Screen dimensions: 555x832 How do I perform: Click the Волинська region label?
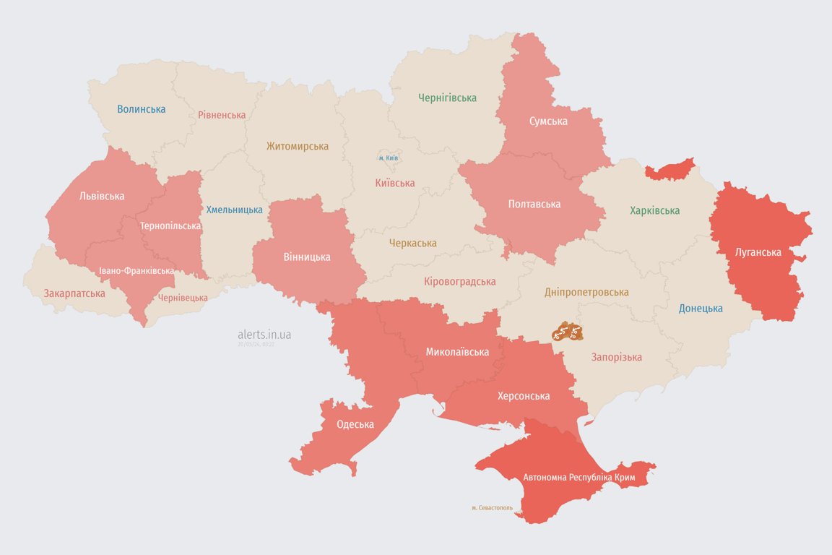[141, 109]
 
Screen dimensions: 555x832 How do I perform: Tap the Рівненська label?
[222, 115]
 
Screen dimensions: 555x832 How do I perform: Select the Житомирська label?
[297, 147]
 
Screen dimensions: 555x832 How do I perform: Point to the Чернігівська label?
[447, 98]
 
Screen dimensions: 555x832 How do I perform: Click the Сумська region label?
[547, 121]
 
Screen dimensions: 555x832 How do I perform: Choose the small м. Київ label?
[388, 158]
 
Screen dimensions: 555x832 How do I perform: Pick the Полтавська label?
[534, 204]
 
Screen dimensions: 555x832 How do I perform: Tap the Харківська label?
[654, 210]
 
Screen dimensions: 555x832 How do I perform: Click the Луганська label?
[758, 252]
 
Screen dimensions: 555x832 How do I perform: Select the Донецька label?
[701, 309]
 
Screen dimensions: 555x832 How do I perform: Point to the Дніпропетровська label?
[586, 292]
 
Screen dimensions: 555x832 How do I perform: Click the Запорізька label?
[616, 357]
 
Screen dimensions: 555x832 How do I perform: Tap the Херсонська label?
[523, 396]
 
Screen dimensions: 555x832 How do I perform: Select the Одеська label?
[355, 424]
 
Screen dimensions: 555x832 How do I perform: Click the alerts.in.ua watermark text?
[264, 335]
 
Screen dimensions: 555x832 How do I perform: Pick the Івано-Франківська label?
[136, 271]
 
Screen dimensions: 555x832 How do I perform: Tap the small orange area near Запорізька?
[567, 332]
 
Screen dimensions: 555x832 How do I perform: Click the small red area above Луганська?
[669, 170]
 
